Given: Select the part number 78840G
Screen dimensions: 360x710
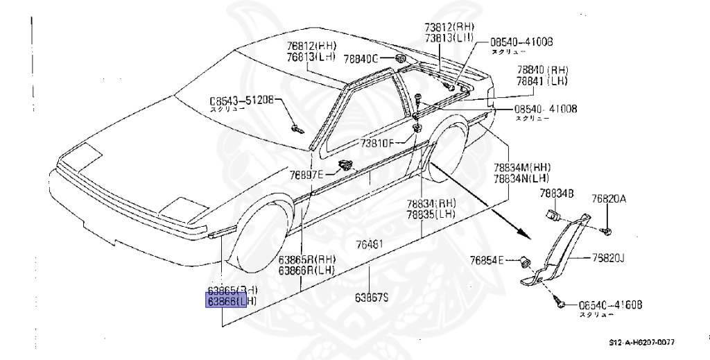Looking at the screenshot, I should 361,60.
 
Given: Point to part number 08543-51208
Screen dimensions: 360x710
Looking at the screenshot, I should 243,99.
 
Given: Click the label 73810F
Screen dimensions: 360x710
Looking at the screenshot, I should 376,144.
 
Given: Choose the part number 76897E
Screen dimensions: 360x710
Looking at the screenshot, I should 306,175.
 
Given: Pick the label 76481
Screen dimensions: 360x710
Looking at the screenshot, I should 370,244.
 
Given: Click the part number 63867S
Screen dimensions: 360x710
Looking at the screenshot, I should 372,298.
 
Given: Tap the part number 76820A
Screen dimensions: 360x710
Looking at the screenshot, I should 609,199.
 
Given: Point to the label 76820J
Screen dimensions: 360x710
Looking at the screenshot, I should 609,258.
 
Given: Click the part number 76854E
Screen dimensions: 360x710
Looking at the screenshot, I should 488,260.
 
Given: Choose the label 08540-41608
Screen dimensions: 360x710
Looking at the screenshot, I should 610,305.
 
